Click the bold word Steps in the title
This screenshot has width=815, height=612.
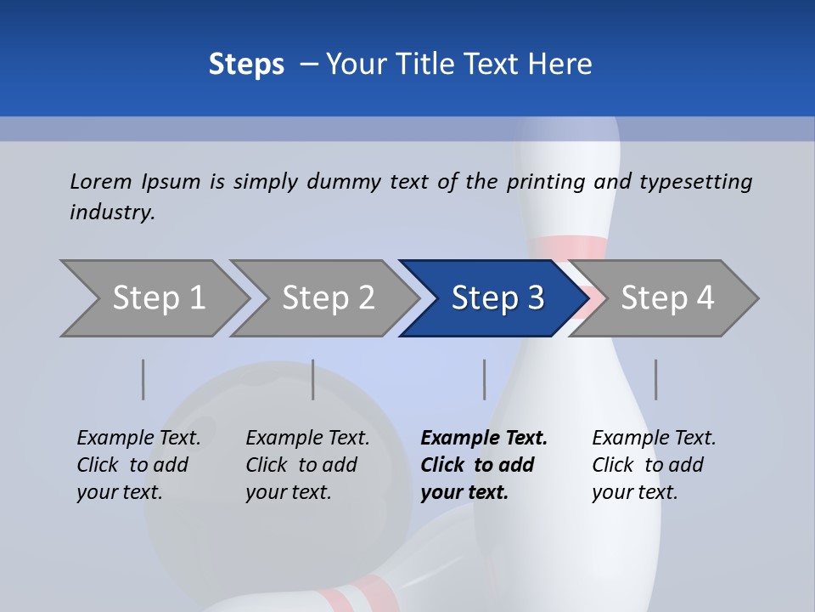pyautogui.click(x=246, y=65)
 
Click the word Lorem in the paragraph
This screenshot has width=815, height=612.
pyautogui.click(x=101, y=182)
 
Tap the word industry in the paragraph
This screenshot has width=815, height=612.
pyautogui.click(x=111, y=212)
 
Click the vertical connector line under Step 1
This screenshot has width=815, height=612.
pyautogui.click(x=143, y=379)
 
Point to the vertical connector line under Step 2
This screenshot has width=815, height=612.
pyautogui.click(x=313, y=379)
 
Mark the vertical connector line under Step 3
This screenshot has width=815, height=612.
pyautogui.click(x=484, y=379)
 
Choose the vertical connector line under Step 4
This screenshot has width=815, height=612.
pyautogui.click(x=655, y=379)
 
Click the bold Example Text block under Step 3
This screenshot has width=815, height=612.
pyautogui.click(x=484, y=465)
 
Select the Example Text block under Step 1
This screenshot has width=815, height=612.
pyautogui.click(x=138, y=465)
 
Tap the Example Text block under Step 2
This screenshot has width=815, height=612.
pyautogui.click(x=307, y=465)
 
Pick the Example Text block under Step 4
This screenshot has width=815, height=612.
pyautogui.click(x=654, y=465)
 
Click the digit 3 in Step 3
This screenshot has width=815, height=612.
pyautogui.click(x=536, y=298)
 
